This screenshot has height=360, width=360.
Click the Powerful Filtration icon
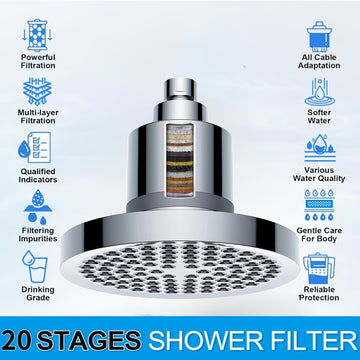[37, 35]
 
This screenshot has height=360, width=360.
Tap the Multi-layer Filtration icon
[37, 91]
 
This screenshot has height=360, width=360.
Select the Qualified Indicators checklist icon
[34, 147]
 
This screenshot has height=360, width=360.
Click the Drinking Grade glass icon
[35, 266]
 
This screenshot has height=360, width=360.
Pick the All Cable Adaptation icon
[319, 36]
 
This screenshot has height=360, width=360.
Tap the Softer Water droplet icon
[319, 92]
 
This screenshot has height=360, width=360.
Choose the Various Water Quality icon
[320, 148]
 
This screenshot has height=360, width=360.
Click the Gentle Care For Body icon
[319, 205]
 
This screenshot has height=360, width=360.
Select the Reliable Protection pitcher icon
[318, 268]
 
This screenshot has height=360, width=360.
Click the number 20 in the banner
[18, 341]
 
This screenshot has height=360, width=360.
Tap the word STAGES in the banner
[89, 341]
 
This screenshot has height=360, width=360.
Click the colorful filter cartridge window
[180, 160]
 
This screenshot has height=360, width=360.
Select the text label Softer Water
[319, 116]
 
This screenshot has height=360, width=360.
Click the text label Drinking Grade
[38, 293]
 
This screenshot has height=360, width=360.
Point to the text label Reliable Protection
[319, 293]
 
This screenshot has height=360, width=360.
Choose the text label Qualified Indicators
[38, 175]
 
